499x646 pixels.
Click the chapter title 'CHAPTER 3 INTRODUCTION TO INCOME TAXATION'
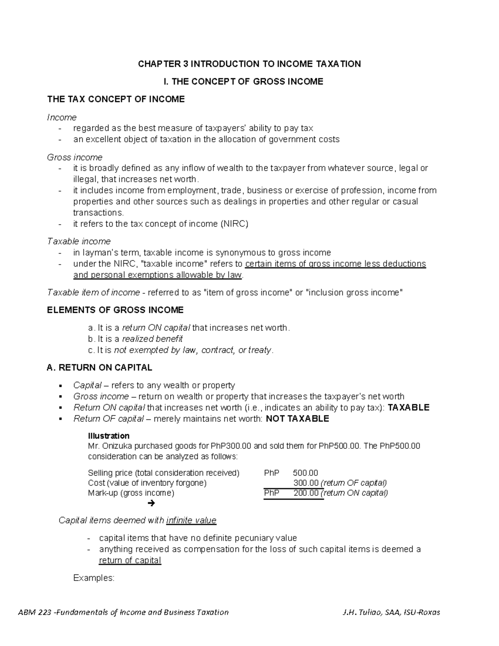tap(249, 64)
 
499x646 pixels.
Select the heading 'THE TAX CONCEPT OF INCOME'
tap(116, 99)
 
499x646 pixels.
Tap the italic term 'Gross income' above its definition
tap(74, 157)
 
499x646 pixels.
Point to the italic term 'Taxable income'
tap(79, 241)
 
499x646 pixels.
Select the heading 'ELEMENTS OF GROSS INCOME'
tap(115, 310)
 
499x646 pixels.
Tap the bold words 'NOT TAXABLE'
tap(297, 418)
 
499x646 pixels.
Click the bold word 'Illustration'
tap(109, 436)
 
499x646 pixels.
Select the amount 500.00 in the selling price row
tap(305, 473)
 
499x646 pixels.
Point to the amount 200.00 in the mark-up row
tap(306, 493)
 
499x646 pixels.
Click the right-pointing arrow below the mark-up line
tap(151, 504)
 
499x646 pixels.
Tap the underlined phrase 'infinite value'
tap(191, 520)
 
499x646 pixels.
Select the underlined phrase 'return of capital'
tap(130, 560)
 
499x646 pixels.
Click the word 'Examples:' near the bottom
tap(94, 578)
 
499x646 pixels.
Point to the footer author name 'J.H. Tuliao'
tap(360, 612)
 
